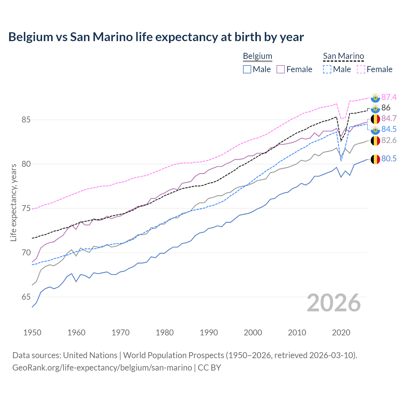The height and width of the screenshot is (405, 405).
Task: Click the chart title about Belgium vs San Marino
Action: [x=156, y=37]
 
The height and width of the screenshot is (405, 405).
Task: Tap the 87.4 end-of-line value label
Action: [x=389, y=97]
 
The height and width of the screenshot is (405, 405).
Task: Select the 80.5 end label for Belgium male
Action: [x=389, y=159]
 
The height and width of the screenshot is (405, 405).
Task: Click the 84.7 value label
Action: [x=389, y=118]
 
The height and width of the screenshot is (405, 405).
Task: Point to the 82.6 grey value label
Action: [x=389, y=140]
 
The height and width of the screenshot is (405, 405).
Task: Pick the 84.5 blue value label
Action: [x=389, y=129]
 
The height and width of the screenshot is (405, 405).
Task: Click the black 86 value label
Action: [x=386, y=108]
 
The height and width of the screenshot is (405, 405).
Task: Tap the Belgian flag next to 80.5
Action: [x=375, y=159]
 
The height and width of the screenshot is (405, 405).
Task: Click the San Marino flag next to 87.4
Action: [x=375, y=98]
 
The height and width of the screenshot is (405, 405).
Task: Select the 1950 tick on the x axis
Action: [x=32, y=333]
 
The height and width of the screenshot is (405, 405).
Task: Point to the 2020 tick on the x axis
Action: [x=341, y=333]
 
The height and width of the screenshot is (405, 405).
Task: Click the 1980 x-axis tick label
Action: [x=165, y=333]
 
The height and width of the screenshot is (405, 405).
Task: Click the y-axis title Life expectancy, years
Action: [x=14, y=202]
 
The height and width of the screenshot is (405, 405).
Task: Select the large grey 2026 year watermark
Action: [x=334, y=303]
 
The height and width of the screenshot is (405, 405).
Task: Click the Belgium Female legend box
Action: [x=281, y=69]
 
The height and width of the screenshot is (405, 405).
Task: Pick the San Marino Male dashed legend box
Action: [x=327, y=69]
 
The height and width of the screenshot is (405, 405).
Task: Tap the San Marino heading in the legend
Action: [x=343, y=56]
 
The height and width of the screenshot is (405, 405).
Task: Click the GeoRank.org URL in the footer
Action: [x=102, y=367]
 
